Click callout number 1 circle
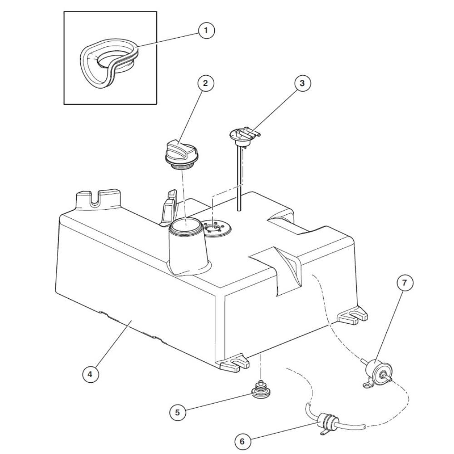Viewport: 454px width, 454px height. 206,30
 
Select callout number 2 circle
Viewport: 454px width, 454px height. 206,84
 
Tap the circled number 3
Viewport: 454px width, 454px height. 302,84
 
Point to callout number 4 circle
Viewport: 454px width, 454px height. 90,374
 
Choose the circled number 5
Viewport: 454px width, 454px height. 178,412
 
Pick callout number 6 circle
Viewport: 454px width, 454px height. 242,441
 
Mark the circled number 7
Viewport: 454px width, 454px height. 404,282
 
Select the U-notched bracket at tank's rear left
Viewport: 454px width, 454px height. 98,200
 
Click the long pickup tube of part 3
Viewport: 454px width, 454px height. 240,179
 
